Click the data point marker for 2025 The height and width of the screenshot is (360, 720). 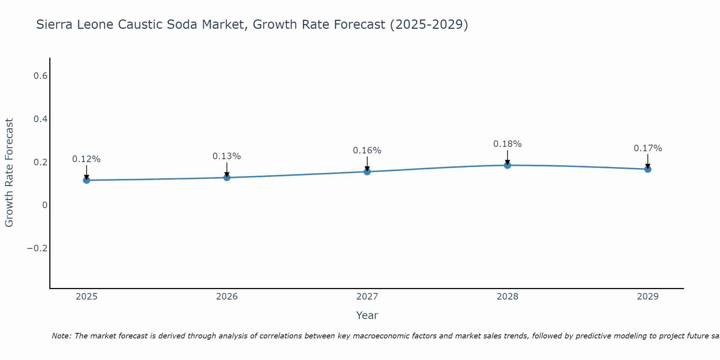(x=86, y=180)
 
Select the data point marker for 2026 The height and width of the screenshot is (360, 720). (x=227, y=177)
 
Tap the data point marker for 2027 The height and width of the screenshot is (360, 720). (x=367, y=172)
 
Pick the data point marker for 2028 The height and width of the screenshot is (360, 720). (x=507, y=165)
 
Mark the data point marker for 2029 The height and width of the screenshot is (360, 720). (x=648, y=169)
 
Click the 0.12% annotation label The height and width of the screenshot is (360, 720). (x=86, y=159)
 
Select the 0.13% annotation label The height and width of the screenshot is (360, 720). (x=227, y=156)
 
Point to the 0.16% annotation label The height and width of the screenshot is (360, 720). (x=367, y=150)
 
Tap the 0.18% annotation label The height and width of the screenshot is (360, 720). (x=507, y=144)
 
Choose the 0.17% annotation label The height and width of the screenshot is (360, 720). (x=648, y=148)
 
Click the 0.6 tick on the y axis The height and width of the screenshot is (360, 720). (x=40, y=76)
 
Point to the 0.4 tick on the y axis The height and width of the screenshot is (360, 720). (x=40, y=119)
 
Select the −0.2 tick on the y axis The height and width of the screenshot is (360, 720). (x=37, y=248)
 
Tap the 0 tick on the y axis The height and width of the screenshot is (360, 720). (x=45, y=205)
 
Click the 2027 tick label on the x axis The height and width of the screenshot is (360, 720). (x=367, y=297)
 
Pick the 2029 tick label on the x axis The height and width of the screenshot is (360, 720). (x=648, y=297)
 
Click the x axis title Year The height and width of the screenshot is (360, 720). (x=367, y=315)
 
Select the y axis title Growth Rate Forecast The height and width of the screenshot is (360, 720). (x=9, y=173)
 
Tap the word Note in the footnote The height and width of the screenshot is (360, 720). (x=61, y=336)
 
